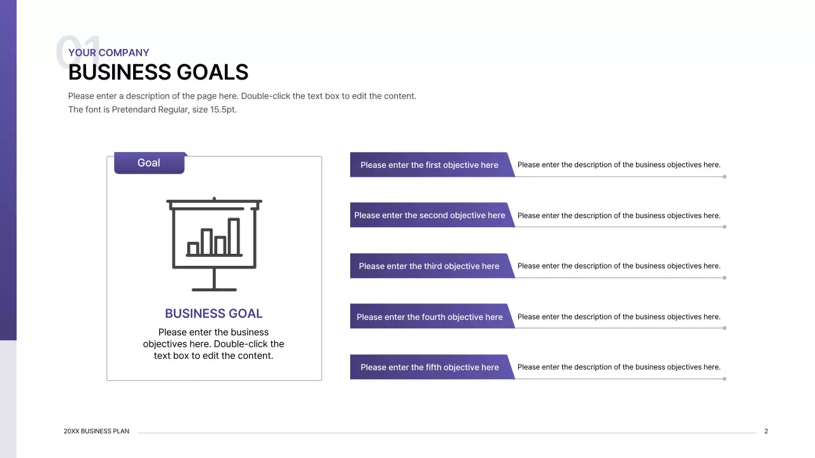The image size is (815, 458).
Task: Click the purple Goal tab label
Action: tap(149, 163)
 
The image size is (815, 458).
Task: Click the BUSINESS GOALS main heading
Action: tap(158, 73)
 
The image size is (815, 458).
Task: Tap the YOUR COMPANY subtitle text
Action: tap(108, 53)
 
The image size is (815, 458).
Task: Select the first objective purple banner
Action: tap(429, 165)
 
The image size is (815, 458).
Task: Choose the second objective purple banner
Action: tap(429, 216)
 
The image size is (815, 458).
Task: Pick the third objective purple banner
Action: tap(429, 266)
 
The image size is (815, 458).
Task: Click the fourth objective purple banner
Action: tap(429, 317)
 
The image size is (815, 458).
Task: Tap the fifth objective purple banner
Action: tap(429, 367)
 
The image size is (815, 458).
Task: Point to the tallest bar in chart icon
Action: tap(234, 237)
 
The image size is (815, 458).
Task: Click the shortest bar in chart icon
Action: tap(193, 249)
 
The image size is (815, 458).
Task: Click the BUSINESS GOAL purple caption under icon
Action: tap(213, 314)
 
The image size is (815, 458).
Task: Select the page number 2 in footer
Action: tap(766, 431)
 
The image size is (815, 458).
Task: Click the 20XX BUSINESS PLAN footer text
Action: tap(96, 431)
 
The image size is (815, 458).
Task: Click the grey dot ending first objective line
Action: tap(725, 177)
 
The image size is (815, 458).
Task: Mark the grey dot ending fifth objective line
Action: tap(725, 379)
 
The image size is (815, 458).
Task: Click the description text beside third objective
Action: tap(618, 266)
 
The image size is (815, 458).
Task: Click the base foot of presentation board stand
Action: tap(214, 289)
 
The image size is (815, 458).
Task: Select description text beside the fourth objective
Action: tap(618, 317)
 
